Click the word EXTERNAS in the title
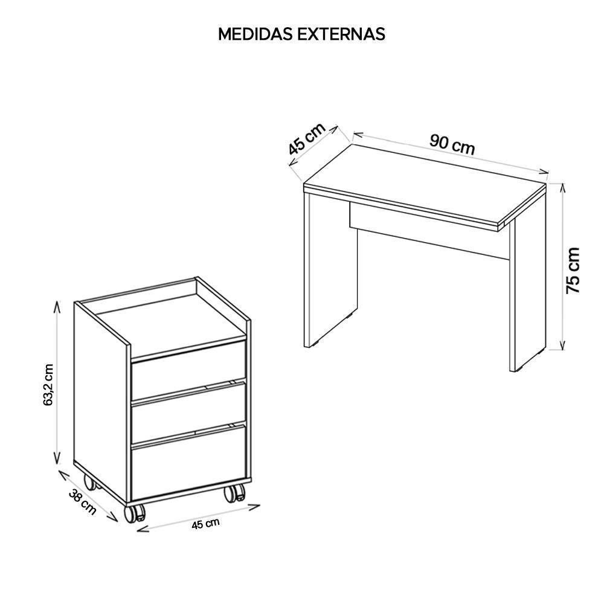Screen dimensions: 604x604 tap(341, 34)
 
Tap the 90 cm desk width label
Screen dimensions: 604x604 tap(452, 145)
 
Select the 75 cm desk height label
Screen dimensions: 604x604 tap(573, 271)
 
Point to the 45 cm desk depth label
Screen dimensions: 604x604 tap(307, 138)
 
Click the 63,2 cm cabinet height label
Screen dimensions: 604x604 tap(48, 385)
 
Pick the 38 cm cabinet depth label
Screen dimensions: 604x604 tap(83, 501)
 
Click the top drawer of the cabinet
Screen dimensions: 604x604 tap(188, 370)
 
